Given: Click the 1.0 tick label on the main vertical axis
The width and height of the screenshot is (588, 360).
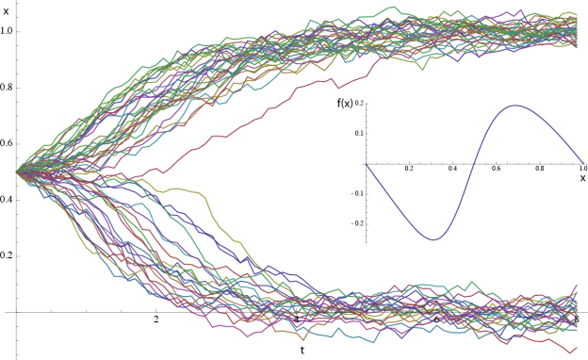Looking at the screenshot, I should (x=8, y=30).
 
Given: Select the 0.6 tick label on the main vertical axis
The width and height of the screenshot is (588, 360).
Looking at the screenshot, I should (x=8, y=143).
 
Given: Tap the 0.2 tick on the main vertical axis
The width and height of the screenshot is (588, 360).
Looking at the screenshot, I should (x=8, y=255).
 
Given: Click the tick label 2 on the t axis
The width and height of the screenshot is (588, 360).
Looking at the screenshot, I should (x=155, y=321).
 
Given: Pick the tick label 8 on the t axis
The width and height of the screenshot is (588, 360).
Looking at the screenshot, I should (x=577, y=321).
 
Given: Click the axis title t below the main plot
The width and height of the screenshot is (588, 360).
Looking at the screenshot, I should (x=302, y=350).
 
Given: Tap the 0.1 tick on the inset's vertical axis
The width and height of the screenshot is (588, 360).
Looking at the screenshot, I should (x=359, y=133).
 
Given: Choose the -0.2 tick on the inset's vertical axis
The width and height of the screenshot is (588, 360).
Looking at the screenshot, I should (x=355, y=224).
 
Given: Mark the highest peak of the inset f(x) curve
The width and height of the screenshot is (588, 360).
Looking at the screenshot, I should (x=514, y=105).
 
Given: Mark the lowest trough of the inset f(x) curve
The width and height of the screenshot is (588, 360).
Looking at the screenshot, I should (x=434, y=239).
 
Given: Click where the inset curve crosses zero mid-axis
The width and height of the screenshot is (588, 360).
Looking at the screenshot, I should (x=475, y=163).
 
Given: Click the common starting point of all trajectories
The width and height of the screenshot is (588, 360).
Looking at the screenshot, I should (x=18, y=171).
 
